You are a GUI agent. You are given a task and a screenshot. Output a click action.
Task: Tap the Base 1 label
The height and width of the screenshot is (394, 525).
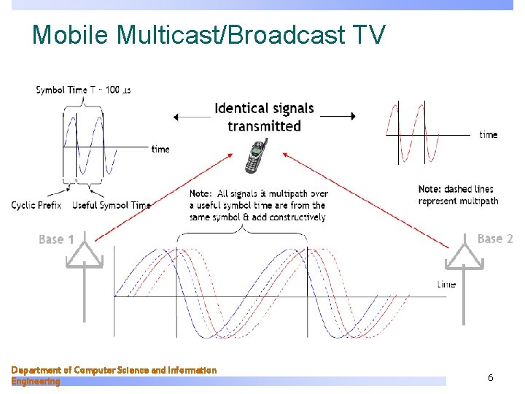[x=56, y=239]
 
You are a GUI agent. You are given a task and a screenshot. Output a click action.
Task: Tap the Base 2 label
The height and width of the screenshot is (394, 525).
[x=495, y=239]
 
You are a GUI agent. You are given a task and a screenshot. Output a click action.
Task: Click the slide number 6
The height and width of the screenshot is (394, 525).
[x=491, y=377]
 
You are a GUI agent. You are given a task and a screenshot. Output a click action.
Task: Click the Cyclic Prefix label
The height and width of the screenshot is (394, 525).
[x=36, y=205]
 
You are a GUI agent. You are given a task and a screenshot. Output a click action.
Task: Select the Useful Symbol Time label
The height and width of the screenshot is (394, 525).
[x=111, y=205]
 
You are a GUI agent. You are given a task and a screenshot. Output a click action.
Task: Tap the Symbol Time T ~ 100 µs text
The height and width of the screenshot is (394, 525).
[x=83, y=90]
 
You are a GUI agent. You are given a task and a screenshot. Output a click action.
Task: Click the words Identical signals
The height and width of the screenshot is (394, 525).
[x=264, y=109]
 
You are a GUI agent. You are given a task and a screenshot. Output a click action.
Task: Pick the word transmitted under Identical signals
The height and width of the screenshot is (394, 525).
[x=264, y=126]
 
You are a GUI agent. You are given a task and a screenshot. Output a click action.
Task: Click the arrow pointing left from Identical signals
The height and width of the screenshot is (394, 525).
[x=191, y=117]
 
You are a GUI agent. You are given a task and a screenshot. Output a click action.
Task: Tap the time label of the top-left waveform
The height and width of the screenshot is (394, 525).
[x=160, y=149]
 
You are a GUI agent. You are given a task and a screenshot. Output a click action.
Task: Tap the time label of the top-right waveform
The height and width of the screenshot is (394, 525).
[x=488, y=134]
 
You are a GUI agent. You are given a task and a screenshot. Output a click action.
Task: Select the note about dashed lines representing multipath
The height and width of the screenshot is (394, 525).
[x=458, y=195]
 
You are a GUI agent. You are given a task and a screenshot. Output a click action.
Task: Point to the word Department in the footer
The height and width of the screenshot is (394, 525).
[x=37, y=370]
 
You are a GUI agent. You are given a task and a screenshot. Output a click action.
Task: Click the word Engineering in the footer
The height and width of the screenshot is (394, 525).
[x=36, y=381]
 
